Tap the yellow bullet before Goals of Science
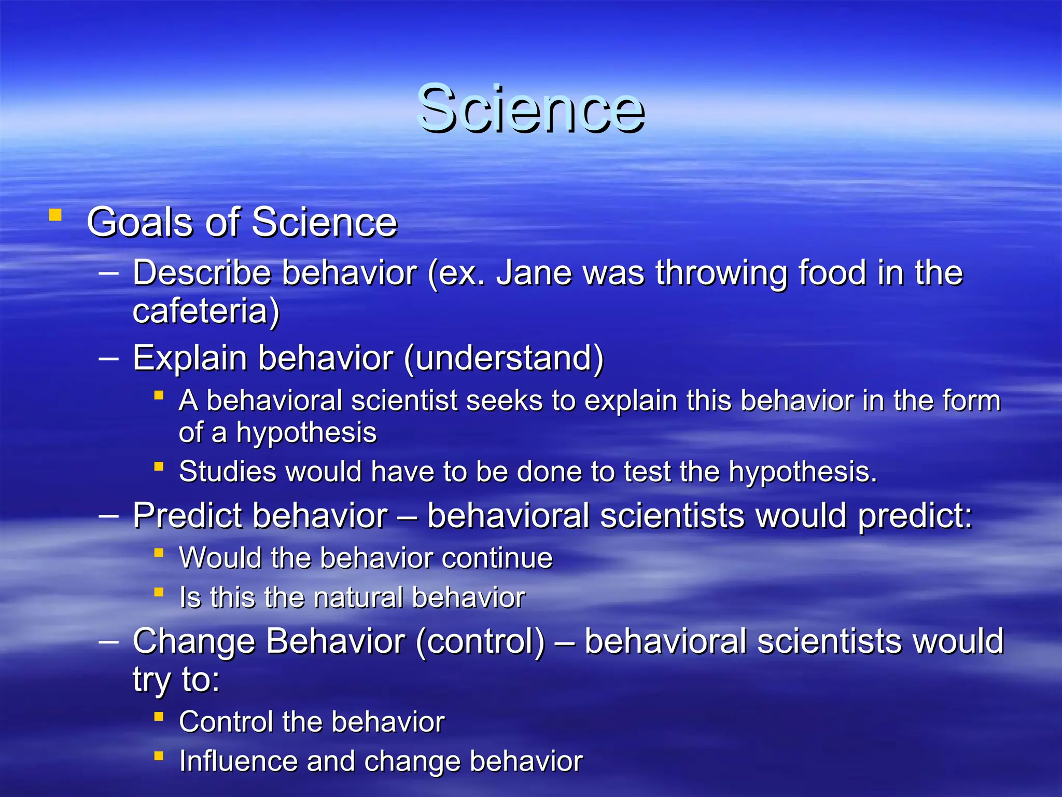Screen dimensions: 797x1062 coord(55,215)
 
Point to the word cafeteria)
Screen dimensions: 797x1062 coord(206,311)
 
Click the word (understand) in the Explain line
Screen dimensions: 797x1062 coord(504,358)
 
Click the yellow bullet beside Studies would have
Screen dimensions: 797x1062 coord(159,466)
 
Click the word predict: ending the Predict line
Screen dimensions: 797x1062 coord(915,517)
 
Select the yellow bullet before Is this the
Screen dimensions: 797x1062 coord(159,592)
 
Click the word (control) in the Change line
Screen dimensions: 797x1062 coord(480,641)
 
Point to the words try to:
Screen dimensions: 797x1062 coord(176,679)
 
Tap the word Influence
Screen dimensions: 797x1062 coord(237,761)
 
